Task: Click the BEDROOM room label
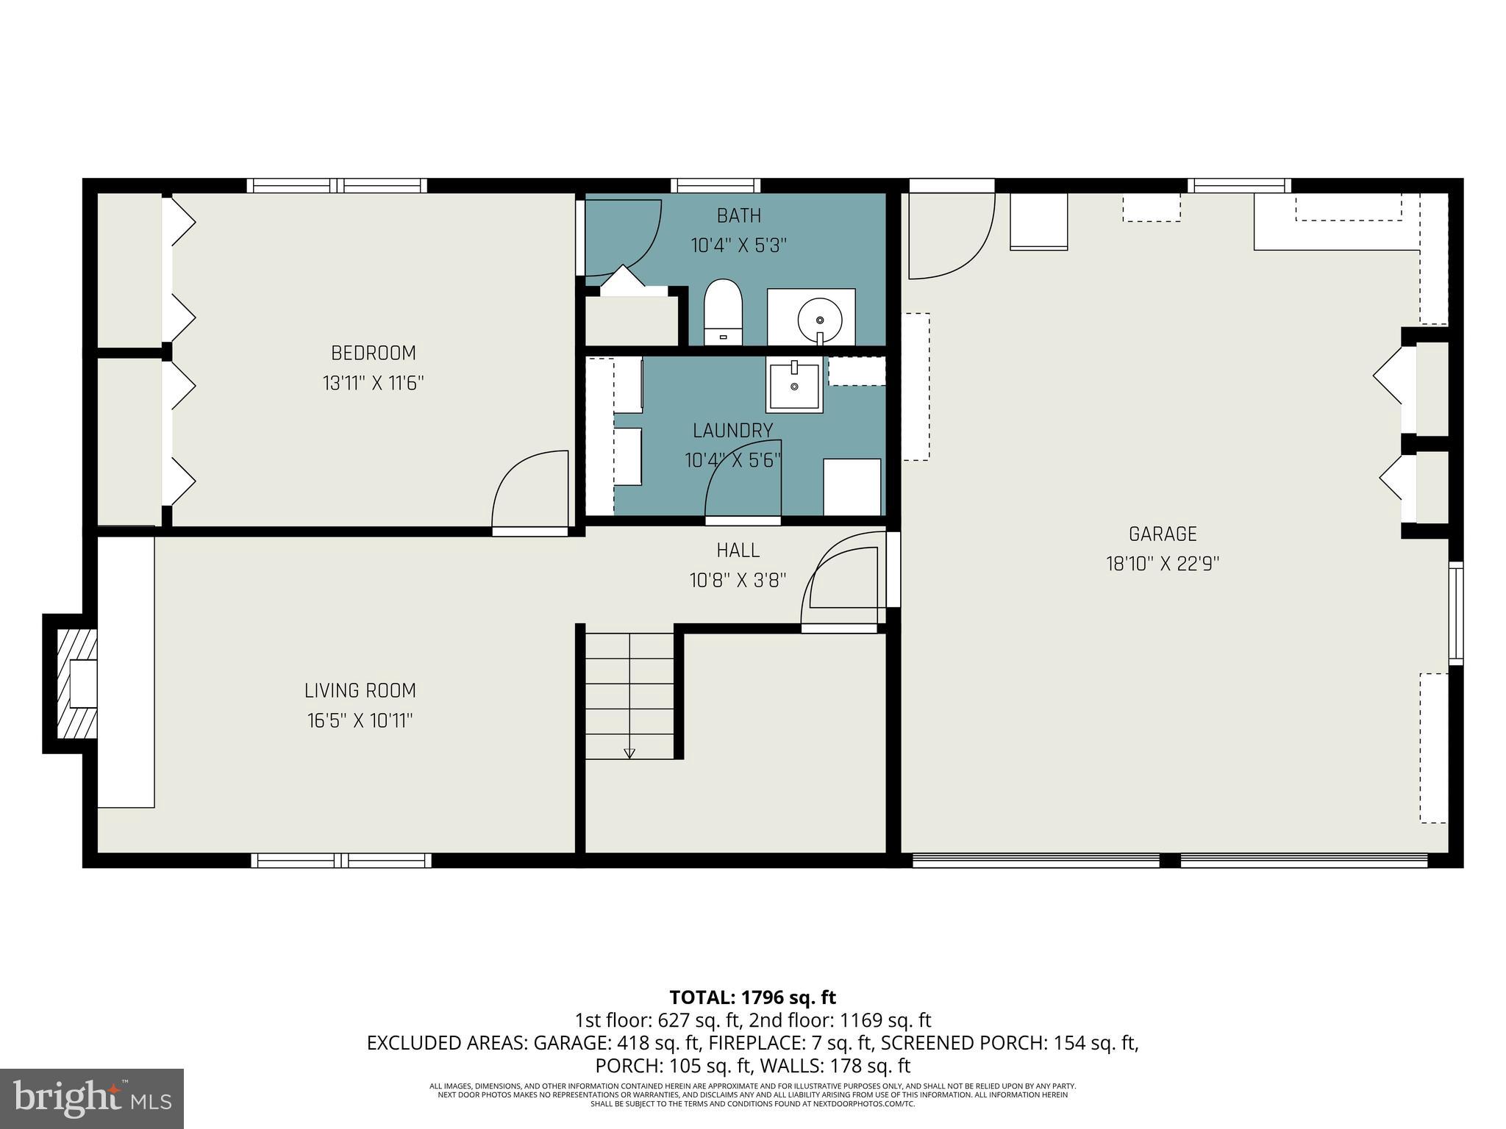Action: tap(373, 353)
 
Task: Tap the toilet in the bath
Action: tap(723, 312)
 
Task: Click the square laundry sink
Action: tap(794, 385)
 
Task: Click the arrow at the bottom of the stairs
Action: tap(629, 753)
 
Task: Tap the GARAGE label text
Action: tap(1163, 534)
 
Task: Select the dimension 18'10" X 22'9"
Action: tap(1163, 564)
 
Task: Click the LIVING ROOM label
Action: tap(360, 690)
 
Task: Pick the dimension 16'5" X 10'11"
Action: tap(360, 720)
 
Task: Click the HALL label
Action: tap(738, 550)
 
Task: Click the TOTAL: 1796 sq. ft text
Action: tap(752, 997)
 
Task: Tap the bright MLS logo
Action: tap(91, 1098)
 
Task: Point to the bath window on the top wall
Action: tap(715, 185)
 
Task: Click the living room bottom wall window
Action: tap(341, 860)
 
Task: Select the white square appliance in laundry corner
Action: tap(852, 487)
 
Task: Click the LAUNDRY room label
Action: tap(732, 430)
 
